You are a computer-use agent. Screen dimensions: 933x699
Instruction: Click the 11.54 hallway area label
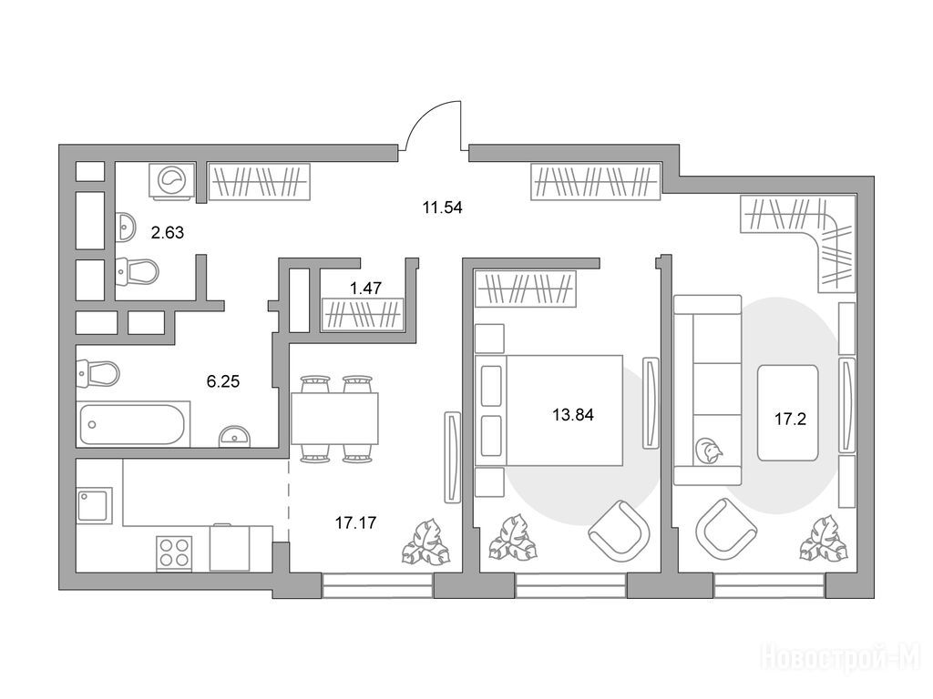click(442, 208)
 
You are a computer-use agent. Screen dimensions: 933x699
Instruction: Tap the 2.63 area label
click(168, 232)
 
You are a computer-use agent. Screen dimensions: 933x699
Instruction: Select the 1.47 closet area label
click(365, 289)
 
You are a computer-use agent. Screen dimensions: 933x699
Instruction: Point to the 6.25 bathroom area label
click(223, 381)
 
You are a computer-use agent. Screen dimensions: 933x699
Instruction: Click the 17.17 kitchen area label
click(355, 522)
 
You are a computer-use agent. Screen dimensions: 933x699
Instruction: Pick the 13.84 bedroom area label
click(573, 414)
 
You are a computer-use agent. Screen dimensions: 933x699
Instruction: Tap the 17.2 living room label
click(790, 419)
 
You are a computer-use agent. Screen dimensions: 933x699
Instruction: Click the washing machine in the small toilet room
click(172, 178)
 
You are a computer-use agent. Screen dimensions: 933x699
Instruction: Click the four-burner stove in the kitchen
click(174, 552)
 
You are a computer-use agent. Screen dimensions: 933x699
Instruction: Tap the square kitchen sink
click(95, 505)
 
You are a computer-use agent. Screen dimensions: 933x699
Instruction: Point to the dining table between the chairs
click(335, 418)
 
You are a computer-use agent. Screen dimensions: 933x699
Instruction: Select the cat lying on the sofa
click(708, 450)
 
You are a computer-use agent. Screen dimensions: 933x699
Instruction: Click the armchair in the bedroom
click(619, 531)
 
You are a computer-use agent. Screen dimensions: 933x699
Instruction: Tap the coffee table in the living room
click(787, 412)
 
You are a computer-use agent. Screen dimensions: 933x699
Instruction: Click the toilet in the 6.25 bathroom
click(98, 374)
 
